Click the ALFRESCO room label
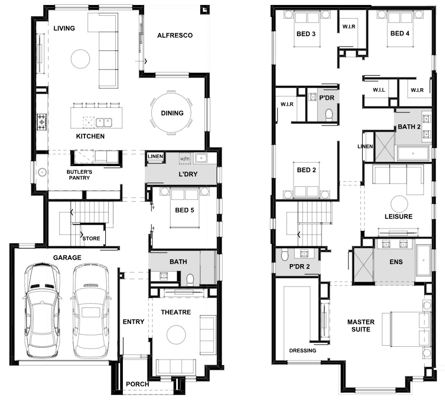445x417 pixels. point(175,36)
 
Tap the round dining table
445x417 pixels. point(171,113)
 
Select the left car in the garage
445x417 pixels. point(42,311)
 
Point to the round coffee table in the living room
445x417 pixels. point(80,59)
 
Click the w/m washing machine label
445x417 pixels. point(185,159)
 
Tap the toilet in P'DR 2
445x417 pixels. point(285,255)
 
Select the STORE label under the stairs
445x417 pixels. point(91,238)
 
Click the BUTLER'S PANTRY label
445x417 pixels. point(79,175)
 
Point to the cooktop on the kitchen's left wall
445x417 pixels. point(42,122)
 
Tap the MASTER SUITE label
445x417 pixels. point(360,325)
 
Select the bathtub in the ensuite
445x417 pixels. point(424,260)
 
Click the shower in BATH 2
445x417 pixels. point(385,146)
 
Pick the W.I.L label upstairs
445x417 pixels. point(379,90)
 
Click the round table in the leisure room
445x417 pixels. point(399,204)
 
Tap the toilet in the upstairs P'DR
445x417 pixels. point(329,115)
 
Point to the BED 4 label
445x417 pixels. point(399,33)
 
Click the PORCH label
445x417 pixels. point(137,384)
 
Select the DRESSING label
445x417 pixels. point(302,351)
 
